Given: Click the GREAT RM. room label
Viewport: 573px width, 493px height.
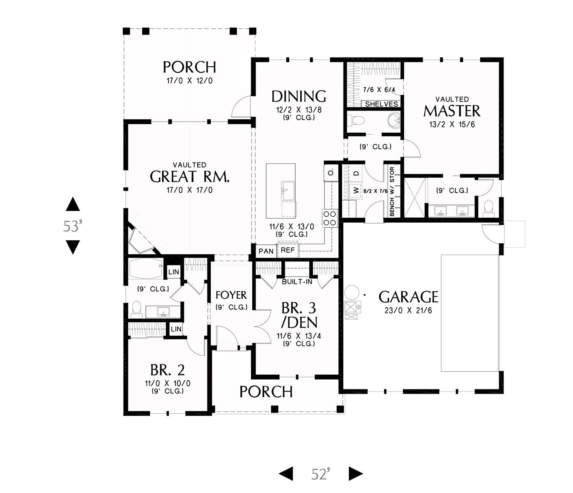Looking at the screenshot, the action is pyautogui.click(x=190, y=176).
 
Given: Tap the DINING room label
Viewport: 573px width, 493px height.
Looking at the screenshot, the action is pyautogui.click(x=299, y=97).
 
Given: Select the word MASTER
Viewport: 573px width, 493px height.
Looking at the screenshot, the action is pyautogui.click(x=451, y=111).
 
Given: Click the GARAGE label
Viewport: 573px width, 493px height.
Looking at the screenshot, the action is pyautogui.click(x=408, y=297).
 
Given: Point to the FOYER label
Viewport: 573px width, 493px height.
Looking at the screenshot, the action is pyautogui.click(x=231, y=295).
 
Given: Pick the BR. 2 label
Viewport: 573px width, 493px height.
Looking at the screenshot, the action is pyautogui.click(x=168, y=370).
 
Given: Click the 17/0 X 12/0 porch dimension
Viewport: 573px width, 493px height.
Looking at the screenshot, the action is pyautogui.click(x=190, y=81).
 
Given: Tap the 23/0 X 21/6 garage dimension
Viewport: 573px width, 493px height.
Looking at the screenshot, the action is pyautogui.click(x=408, y=310).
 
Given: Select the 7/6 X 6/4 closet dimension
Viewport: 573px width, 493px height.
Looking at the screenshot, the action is pyautogui.click(x=379, y=90).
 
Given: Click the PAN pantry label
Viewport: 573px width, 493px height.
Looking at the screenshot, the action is pyautogui.click(x=266, y=251).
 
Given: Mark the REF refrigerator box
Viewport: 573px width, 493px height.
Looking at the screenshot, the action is pyautogui.click(x=288, y=250).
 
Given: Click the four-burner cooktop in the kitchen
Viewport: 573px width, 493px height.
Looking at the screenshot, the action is pyautogui.click(x=330, y=218).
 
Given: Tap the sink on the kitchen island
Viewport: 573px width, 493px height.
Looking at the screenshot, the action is pyautogui.click(x=288, y=191).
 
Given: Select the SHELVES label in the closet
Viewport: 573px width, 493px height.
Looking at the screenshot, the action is pyautogui.click(x=382, y=104).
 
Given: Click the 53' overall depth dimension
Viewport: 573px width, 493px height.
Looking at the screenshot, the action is pyautogui.click(x=73, y=226).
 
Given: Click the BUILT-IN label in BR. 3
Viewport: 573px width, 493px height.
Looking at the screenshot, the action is pyautogui.click(x=297, y=282).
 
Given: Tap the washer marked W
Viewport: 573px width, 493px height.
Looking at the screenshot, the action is pyautogui.click(x=356, y=191).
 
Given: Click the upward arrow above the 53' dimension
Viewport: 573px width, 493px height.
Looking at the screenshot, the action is pyautogui.click(x=73, y=204).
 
